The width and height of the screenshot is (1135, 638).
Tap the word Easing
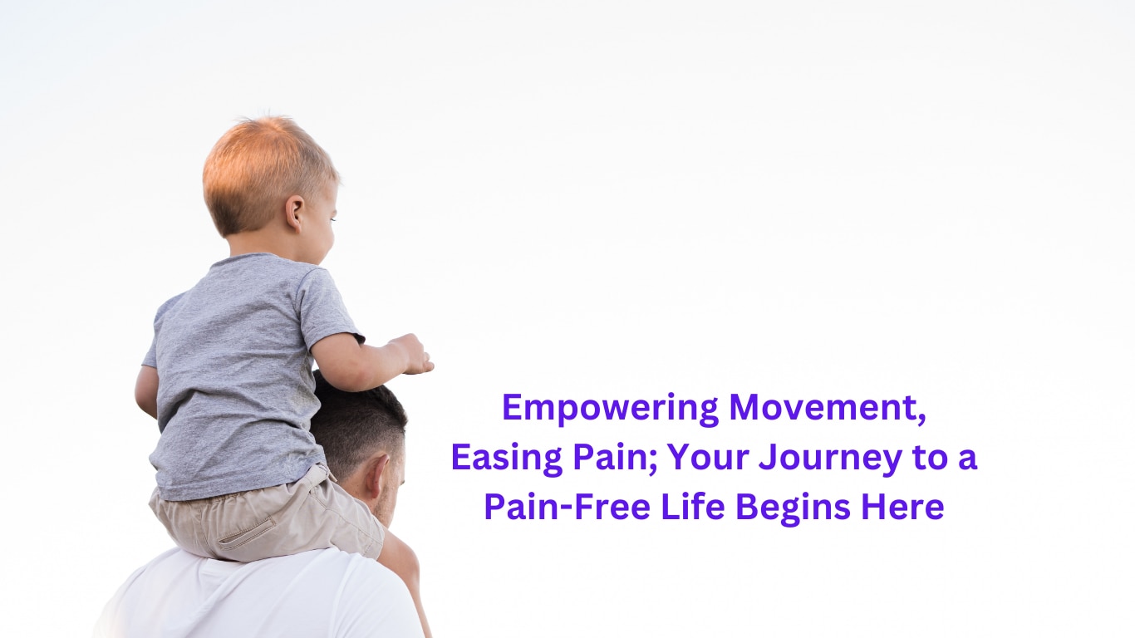pos(507,459)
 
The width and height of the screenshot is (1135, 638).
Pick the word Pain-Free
pos(567,507)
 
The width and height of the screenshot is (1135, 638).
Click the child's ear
pos(294,213)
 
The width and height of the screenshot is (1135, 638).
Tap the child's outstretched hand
pos(412,354)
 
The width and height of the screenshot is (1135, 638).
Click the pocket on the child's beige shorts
pos(246,533)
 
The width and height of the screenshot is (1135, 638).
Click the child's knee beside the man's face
pos(400,557)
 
